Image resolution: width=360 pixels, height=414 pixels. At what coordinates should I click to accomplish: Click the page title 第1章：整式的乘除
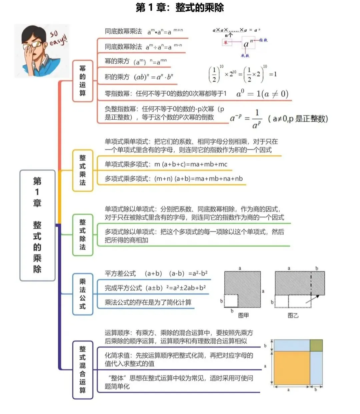pyautogui.click(x=180, y=7)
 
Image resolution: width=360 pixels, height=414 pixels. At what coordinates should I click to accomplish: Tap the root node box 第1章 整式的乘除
pyautogui.click(x=37, y=225)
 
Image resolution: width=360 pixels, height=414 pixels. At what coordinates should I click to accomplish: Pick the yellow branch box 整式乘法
pyautogui.click(x=82, y=170)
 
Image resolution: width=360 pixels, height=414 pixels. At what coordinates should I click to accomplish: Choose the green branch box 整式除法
pyautogui.click(x=82, y=235)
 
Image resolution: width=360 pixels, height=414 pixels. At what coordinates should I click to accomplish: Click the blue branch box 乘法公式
pyautogui.click(x=82, y=294)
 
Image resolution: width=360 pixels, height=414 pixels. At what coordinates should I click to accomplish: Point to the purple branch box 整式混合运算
pyautogui.click(x=82, y=369)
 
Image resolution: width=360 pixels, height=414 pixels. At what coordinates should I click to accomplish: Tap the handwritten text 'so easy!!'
pyautogui.click(x=58, y=39)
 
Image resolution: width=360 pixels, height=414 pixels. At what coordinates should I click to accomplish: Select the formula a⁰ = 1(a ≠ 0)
pyautogui.click(x=262, y=94)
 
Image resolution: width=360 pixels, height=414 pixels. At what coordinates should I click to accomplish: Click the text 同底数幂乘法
pyautogui.click(x=123, y=31)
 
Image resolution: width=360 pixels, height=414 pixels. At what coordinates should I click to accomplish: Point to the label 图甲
pyautogui.click(x=243, y=315)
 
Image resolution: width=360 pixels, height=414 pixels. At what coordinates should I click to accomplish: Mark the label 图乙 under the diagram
pyautogui.click(x=293, y=315)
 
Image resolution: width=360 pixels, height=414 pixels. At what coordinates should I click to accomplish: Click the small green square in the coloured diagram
pyautogui.click(x=316, y=345)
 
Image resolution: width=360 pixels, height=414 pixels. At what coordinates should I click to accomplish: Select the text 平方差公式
pyautogui.click(x=120, y=274)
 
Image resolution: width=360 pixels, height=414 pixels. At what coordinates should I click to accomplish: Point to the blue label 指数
pyautogui.click(x=263, y=40)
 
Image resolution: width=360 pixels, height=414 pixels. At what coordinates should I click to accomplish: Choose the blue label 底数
pyautogui.click(x=245, y=55)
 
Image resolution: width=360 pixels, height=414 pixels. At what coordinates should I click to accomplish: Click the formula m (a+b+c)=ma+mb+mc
pyautogui.click(x=191, y=164)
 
